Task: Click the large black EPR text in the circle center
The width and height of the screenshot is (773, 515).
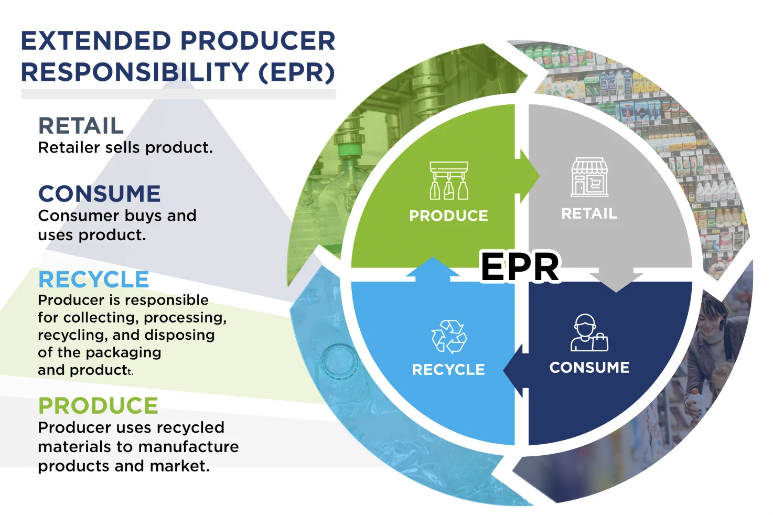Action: click(520, 267)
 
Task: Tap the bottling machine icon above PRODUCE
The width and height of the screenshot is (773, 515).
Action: click(448, 181)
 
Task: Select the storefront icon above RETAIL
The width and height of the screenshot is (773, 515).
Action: click(589, 177)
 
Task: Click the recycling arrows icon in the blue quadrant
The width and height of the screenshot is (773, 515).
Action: click(449, 336)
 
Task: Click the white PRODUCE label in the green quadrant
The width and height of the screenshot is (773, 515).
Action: click(448, 216)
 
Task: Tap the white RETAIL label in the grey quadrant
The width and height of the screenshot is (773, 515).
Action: click(589, 213)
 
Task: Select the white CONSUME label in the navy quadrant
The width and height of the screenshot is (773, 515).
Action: click(589, 367)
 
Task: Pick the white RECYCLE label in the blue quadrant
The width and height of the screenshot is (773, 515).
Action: click(448, 370)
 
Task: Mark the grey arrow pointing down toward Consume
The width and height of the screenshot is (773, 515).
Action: click(616, 281)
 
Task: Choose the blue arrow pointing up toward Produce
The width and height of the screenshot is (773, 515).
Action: click(433, 268)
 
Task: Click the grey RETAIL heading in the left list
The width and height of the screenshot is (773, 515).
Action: click(81, 126)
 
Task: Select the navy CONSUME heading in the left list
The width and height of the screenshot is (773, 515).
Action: click(100, 194)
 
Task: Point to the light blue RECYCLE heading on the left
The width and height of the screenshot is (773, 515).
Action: click(94, 280)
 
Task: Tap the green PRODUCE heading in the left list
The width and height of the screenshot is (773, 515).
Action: click(99, 406)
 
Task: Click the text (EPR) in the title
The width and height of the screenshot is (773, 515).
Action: click(297, 72)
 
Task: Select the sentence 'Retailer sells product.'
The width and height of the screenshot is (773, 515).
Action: click(125, 148)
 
